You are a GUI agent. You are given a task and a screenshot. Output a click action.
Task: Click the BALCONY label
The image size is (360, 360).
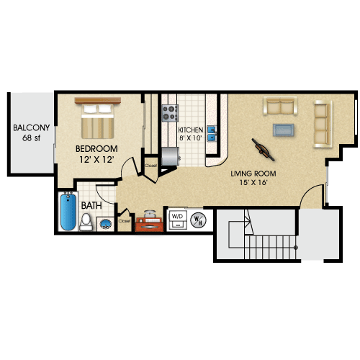click(31, 127)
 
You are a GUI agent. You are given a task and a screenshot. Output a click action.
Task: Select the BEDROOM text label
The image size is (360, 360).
click(96, 149)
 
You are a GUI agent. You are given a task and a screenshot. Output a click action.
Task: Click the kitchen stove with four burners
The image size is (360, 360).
click(170, 113)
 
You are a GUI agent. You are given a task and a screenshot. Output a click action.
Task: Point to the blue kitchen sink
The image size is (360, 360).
click(212, 133)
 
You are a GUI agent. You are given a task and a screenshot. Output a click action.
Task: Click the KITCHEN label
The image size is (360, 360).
click(191, 130)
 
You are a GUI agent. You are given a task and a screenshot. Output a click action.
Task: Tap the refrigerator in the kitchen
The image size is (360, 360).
click(171, 156)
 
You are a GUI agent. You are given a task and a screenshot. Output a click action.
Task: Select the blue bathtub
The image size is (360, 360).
click(68, 212)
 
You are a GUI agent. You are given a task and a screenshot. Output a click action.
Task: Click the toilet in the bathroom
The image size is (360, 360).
click(86, 222)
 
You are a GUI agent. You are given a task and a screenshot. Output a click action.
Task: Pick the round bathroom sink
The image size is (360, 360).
click(106, 224)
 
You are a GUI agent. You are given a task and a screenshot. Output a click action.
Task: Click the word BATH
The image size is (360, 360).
click(91, 206)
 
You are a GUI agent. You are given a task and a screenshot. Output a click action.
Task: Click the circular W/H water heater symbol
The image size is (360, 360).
click(198, 220)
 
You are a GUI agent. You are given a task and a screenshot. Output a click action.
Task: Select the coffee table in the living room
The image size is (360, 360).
click(284, 130)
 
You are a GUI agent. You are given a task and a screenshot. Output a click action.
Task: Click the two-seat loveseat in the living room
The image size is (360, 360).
click(280, 106)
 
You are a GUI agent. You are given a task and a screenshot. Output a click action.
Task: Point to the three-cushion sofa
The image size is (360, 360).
click(323, 124)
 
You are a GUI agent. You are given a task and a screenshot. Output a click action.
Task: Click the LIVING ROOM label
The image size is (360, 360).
click(253, 174)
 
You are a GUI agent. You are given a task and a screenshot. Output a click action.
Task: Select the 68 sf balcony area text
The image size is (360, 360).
click(32, 138)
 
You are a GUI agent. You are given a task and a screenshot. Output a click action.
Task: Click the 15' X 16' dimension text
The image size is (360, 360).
click(253, 183)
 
